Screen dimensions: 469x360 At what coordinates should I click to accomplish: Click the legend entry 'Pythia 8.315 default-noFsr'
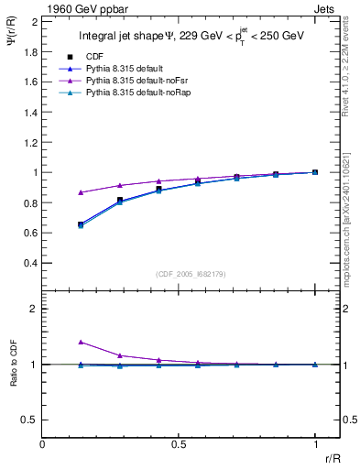(136, 82)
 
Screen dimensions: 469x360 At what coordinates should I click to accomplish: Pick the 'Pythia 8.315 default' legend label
(123, 69)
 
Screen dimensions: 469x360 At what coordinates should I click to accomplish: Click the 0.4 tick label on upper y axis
(30, 263)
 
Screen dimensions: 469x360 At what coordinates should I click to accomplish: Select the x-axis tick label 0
(43, 443)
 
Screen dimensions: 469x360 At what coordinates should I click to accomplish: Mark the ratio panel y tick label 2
(34, 309)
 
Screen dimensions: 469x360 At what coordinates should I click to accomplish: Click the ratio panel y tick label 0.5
(30, 420)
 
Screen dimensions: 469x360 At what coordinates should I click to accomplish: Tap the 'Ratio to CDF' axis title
(13, 365)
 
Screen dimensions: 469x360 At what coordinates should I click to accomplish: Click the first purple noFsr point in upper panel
(81, 192)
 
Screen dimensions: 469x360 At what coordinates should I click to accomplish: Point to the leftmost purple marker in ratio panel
(81, 342)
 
